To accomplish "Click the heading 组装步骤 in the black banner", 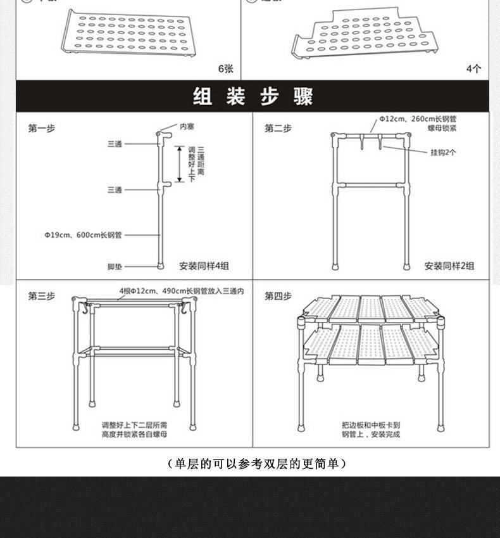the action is coord(252,97).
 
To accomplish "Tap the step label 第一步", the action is coord(41,128).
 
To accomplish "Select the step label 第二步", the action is coord(278,128).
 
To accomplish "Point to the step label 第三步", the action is coord(41,295).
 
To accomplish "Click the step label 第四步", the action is coord(278,295).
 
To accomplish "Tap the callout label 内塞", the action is coord(187,127).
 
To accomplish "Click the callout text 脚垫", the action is coord(115,266).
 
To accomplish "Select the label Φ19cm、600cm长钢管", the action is coord(83,234).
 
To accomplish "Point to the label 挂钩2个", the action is coord(443,152).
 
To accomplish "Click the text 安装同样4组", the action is coord(202,266).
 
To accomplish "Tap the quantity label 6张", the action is coord(225,68).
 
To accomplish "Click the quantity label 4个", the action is coord(473,68).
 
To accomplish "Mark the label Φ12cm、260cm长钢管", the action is coord(418,118).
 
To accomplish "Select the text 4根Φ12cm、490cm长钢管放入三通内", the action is coord(181,291).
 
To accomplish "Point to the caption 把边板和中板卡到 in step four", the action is coord(371,425).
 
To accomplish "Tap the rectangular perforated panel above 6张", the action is coord(128,33).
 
